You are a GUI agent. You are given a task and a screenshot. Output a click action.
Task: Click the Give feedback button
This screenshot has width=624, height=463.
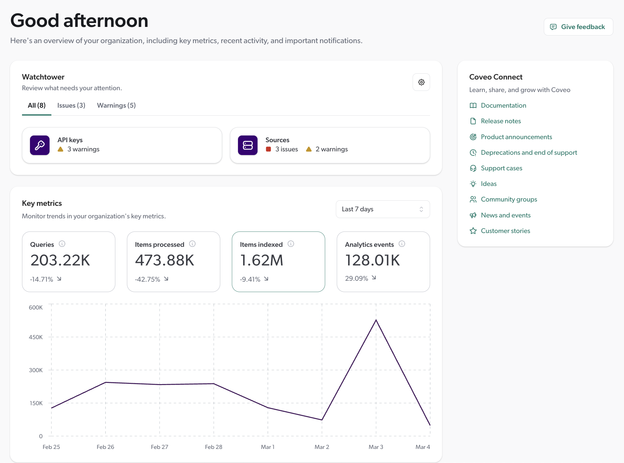click(x=578, y=27)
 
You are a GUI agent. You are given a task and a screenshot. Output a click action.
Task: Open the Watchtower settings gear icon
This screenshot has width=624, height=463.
click(x=421, y=82)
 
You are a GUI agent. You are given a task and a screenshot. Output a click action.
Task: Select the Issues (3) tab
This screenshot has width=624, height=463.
click(x=71, y=106)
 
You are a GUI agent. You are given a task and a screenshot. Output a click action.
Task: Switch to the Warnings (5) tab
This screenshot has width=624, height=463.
click(x=116, y=106)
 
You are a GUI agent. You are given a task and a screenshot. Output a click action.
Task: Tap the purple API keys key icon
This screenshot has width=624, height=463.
click(x=40, y=145)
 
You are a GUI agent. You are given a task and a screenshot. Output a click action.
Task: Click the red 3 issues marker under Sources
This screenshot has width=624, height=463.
click(x=269, y=149)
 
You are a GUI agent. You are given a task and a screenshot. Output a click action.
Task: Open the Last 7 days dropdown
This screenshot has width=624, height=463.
click(x=382, y=209)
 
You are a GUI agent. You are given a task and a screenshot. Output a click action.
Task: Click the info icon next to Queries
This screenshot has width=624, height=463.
click(x=62, y=244)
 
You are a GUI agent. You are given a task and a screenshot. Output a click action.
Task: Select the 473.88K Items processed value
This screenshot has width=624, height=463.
click(x=165, y=260)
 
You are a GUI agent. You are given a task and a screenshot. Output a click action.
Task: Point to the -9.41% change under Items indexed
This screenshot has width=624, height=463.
click(x=250, y=279)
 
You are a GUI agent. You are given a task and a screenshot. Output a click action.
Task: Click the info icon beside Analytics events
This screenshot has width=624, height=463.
click(x=402, y=244)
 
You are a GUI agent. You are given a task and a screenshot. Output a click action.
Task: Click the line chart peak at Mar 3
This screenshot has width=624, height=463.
click(x=376, y=320)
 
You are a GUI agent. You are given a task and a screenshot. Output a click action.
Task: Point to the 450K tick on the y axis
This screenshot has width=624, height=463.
click(x=36, y=337)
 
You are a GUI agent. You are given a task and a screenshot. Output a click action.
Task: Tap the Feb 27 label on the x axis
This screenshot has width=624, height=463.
click(x=159, y=447)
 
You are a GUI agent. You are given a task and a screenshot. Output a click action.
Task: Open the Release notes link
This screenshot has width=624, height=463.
click(x=501, y=121)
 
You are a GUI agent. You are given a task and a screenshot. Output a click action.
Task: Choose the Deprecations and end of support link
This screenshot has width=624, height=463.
click(x=529, y=153)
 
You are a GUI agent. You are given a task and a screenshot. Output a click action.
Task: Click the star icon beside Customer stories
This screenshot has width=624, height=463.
click(x=473, y=231)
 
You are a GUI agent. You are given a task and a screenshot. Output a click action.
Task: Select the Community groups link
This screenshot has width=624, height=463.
click(x=509, y=199)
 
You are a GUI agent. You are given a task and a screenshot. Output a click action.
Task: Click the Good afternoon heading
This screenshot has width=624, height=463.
click(x=79, y=20)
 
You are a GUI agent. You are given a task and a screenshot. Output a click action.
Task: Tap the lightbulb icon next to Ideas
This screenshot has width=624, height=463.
click(x=473, y=184)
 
